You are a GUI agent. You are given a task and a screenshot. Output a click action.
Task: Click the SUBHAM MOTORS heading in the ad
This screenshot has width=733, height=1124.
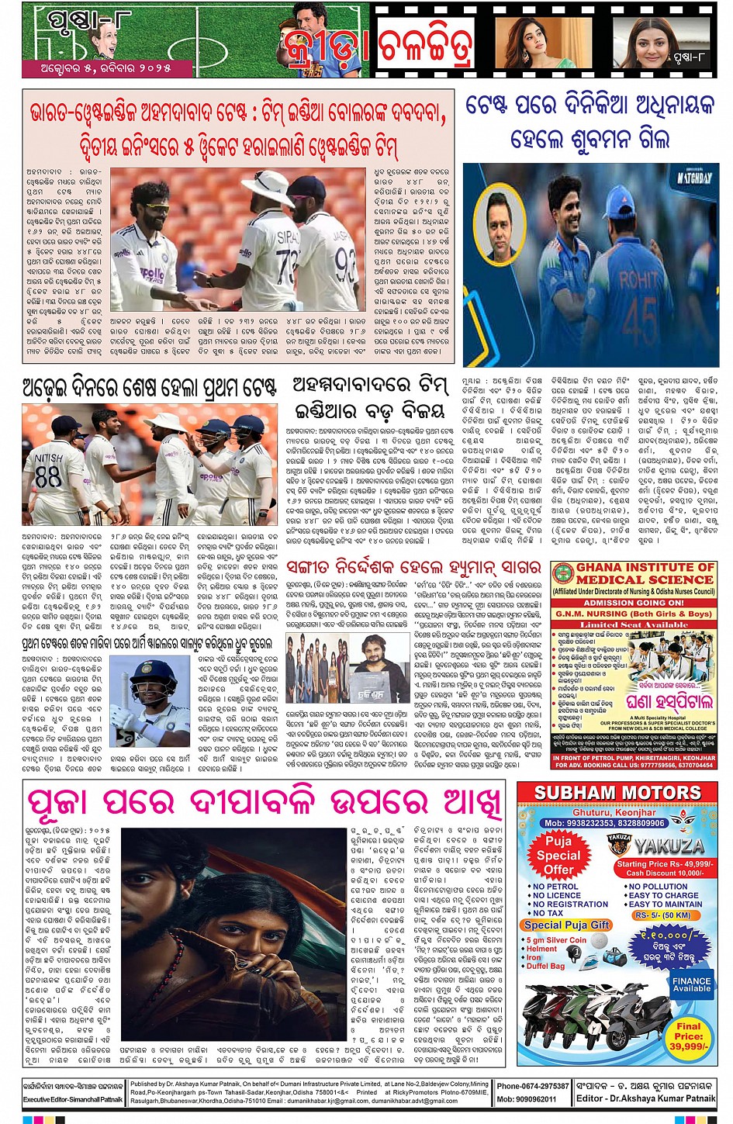[617, 793]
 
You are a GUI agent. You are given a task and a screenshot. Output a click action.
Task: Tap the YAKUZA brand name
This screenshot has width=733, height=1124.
[669, 846]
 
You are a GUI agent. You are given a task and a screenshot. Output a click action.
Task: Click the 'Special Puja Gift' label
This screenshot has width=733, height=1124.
[567, 925]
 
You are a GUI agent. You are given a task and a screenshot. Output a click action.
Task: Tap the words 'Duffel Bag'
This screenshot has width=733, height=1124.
[550, 967]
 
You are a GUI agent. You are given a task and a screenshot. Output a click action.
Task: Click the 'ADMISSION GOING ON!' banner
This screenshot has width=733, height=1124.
[634, 603]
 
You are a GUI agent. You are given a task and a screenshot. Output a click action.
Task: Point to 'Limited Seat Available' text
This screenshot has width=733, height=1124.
[634, 624]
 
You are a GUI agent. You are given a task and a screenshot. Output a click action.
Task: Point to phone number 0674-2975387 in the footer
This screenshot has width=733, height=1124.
[533, 1086]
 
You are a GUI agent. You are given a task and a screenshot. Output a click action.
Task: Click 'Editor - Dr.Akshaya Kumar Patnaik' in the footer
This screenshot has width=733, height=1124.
[646, 1098]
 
